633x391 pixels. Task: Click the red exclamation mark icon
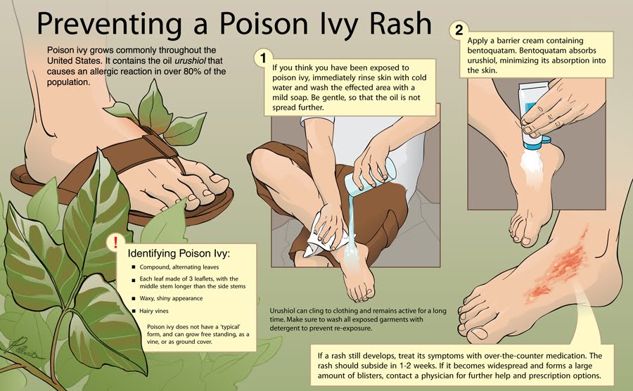point(116,242)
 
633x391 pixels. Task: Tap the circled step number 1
point(263,58)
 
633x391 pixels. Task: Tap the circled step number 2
point(459,30)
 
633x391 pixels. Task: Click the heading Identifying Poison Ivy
point(179,253)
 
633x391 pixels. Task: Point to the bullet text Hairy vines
point(154,311)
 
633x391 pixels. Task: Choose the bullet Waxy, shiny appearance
point(171,299)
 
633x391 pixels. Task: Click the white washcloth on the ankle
point(325,236)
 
